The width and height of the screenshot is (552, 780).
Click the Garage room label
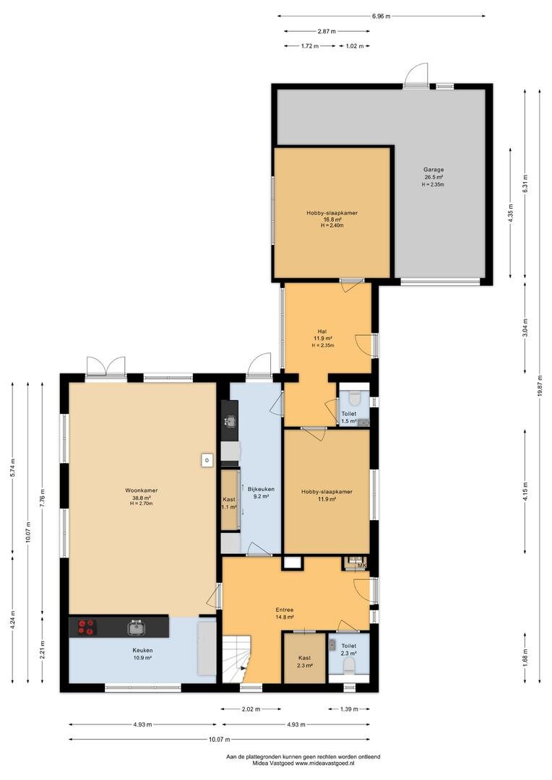point(434,170)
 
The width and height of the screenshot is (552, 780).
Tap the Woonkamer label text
point(142,490)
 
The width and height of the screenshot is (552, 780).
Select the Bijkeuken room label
point(261,489)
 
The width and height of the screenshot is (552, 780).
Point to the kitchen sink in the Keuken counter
point(136,628)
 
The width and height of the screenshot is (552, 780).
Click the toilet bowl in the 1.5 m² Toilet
point(355,398)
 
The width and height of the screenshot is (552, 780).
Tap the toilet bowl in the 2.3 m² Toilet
point(350,665)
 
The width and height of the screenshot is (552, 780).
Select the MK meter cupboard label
point(362,565)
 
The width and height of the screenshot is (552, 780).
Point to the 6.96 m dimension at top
point(381,17)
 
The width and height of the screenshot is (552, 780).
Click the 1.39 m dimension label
point(349,709)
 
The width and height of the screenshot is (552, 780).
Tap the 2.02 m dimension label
point(251,709)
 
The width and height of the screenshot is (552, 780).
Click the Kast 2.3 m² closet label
point(305,662)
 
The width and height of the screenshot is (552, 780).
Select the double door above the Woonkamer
point(105,367)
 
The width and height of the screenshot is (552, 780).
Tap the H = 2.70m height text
point(142,503)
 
